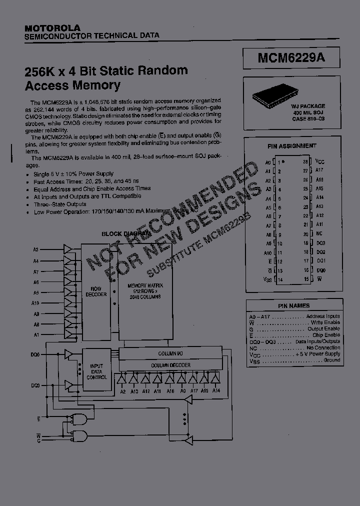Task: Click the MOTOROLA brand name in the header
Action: click(x=52, y=27)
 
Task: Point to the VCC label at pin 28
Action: click(x=320, y=162)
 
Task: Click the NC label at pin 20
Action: click(x=319, y=234)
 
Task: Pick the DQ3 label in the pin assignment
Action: click(x=320, y=243)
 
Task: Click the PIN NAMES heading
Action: click(x=293, y=305)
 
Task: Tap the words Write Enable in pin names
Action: click(x=327, y=322)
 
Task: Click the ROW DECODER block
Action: click(x=96, y=291)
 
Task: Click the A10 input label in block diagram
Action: click(x=35, y=303)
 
